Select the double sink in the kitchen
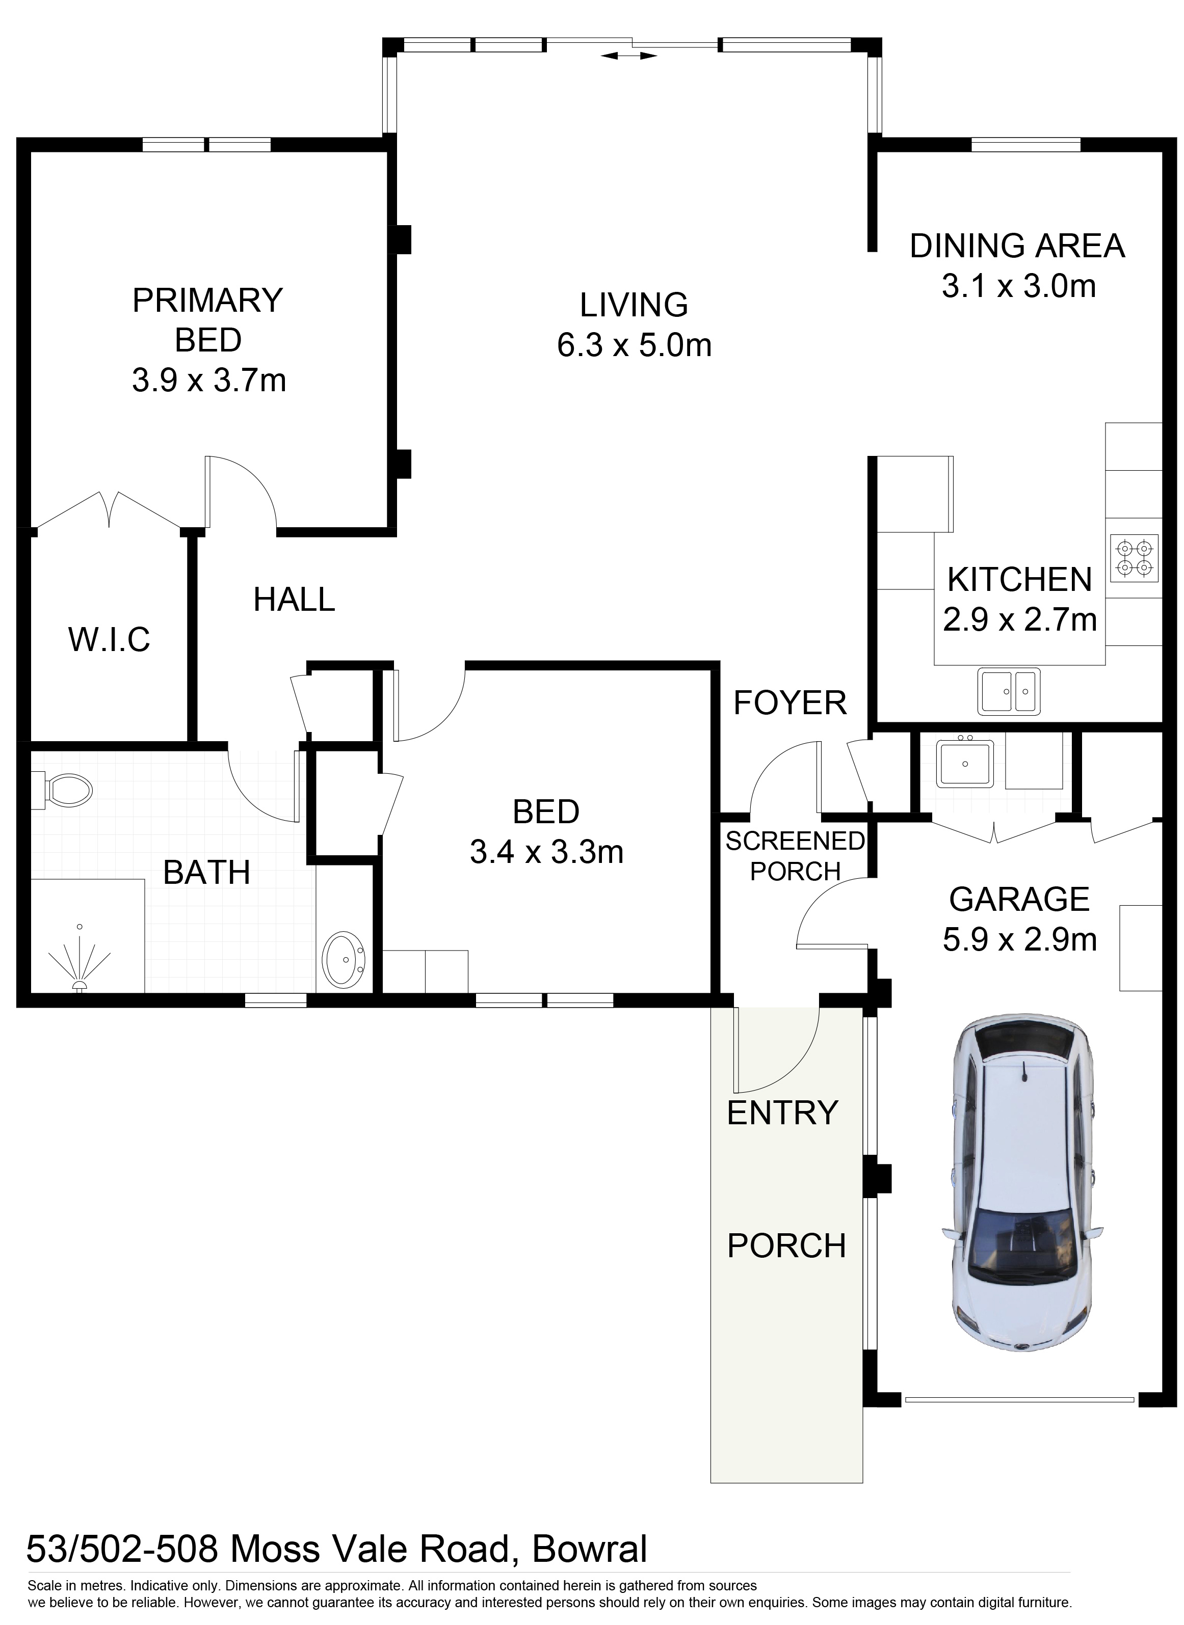tap(1009, 691)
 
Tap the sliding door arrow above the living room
tap(629, 55)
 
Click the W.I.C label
tap(110, 639)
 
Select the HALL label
tap(294, 599)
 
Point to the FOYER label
tap(790, 703)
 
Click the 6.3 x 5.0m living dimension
tap(634, 346)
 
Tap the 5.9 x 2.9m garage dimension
tap(1020, 939)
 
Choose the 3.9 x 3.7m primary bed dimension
tap(208, 381)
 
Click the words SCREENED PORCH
tap(795, 856)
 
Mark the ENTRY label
tap(782, 1113)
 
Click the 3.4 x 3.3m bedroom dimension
tap(547, 852)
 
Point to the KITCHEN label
tap(1019, 580)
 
